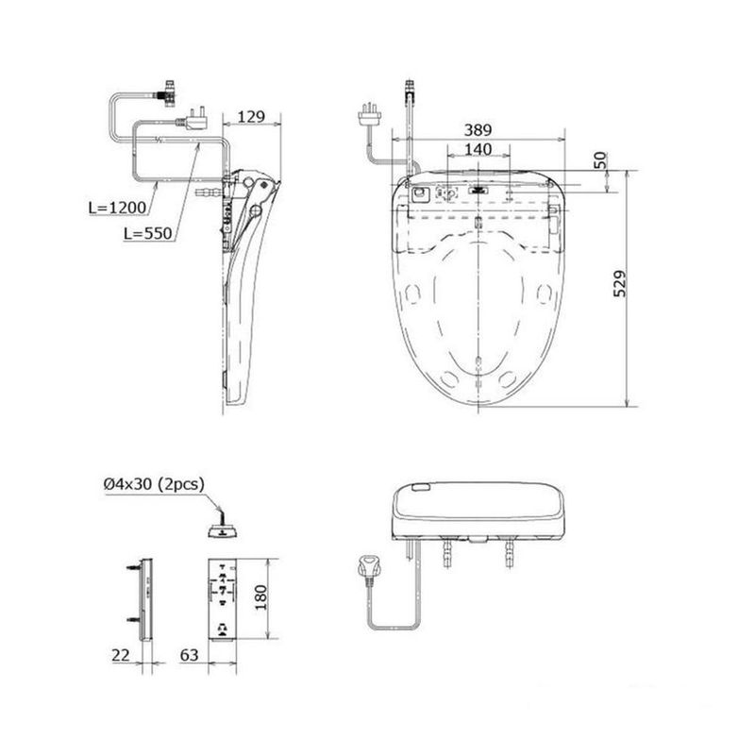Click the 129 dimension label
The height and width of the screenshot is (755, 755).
(x=251, y=116)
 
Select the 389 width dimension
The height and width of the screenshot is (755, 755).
(x=478, y=130)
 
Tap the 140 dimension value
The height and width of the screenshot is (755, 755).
(x=478, y=149)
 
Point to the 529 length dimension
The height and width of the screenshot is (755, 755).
(x=620, y=284)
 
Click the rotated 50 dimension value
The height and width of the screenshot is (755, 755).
(x=600, y=160)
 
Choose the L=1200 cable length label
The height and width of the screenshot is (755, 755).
(x=117, y=208)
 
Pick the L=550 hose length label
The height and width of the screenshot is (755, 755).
(x=148, y=233)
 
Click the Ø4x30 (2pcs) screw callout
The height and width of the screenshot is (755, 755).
(x=154, y=484)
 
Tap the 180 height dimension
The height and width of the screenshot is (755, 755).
(x=260, y=597)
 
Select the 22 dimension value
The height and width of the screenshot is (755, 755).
(x=121, y=655)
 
